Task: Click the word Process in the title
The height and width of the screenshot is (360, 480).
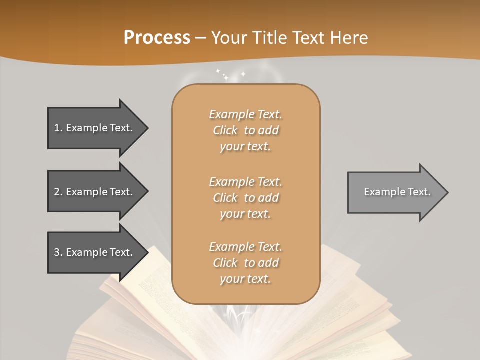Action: pos(157,38)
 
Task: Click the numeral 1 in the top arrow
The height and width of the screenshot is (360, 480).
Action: pos(57,128)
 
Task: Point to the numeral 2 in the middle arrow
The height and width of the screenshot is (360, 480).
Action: pos(57,192)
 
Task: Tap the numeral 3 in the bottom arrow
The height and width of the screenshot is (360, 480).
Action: pos(57,252)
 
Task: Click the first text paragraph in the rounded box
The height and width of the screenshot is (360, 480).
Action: pos(245,130)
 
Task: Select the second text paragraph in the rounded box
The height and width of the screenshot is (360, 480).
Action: pos(245,198)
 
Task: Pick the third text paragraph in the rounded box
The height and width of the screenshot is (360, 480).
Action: pos(245,263)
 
